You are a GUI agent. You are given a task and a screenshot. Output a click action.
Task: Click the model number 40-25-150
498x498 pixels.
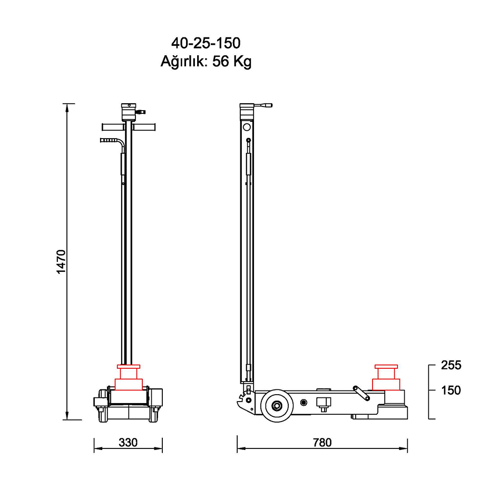[x=206, y=43]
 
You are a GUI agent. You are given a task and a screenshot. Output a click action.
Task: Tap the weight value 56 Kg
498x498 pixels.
[x=232, y=62]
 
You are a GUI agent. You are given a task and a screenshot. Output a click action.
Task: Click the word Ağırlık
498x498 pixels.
[x=184, y=61]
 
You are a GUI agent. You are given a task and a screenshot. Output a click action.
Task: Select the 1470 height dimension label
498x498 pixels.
[x=61, y=262]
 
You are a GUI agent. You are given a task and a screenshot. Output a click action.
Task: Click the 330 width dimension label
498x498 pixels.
[x=128, y=443]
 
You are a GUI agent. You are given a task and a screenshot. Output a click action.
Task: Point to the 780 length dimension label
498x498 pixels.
[x=322, y=443]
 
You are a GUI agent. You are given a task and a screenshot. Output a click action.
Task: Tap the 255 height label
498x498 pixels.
[x=451, y=365]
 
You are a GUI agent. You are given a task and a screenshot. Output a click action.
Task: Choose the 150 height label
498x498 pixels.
[x=451, y=390]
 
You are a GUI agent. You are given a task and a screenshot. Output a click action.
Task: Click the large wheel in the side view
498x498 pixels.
[x=277, y=406]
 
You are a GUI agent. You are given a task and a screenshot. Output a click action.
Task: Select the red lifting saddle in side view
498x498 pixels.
[x=386, y=377]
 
